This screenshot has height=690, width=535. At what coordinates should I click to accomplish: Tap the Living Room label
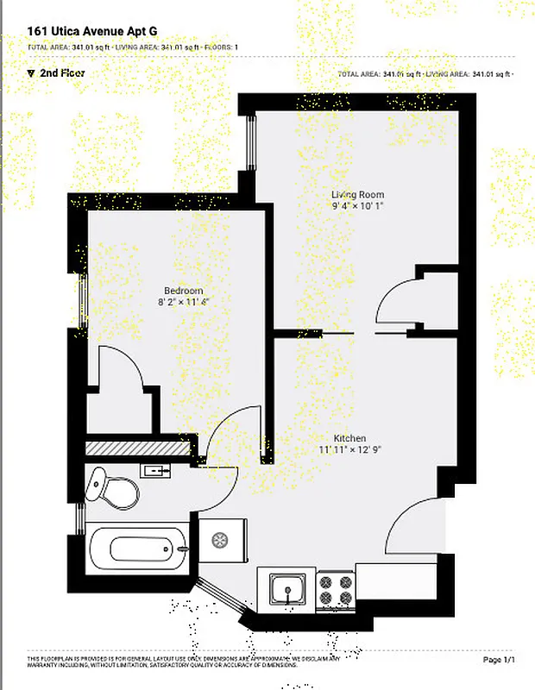click(x=357, y=195)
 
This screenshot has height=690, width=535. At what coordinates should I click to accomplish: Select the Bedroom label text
click(x=183, y=291)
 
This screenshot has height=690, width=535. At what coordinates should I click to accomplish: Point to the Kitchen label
click(x=350, y=438)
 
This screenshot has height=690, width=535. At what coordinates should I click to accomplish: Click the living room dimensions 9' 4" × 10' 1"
click(x=357, y=206)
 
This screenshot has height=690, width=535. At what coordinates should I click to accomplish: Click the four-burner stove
click(x=336, y=590)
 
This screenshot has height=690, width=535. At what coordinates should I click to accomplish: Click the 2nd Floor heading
click(x=61, y=73)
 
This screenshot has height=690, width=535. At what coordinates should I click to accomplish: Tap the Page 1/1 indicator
click(x=499, y=660)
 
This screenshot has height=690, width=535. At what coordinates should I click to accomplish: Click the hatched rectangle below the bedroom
click(x=137, y=448)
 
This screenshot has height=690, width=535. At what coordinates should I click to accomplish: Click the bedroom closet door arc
click(x=120, y=367)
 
